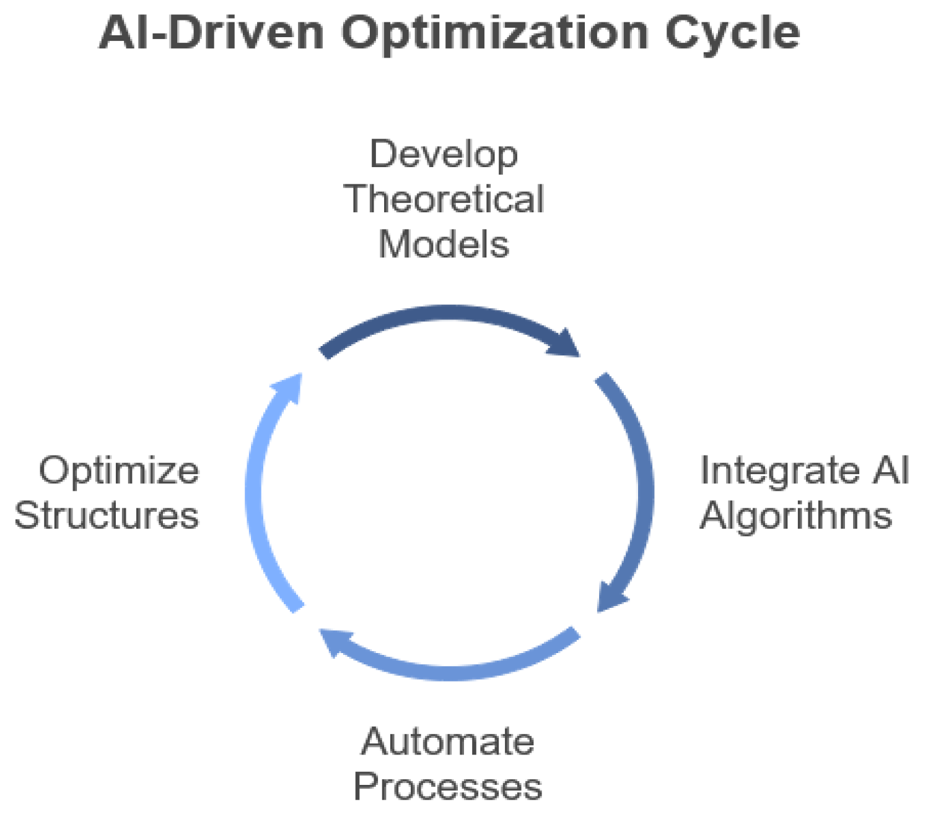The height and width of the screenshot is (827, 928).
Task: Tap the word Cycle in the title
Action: [732, 33]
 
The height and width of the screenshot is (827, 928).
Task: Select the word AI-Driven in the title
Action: [212, 33]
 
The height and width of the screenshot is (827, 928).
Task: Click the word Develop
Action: [444, 155]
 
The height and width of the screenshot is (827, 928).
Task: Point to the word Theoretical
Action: [444, 199]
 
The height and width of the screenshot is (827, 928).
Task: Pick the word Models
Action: [444, 244]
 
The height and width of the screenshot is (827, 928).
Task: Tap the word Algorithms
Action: [795, 515]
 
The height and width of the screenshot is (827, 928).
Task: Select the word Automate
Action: [447, 741]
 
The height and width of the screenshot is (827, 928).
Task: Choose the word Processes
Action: [447, 786]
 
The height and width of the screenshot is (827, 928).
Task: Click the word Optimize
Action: [119, 471]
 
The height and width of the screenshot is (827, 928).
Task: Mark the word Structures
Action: [107, 515]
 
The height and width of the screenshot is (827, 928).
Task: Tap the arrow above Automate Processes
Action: [452, 671]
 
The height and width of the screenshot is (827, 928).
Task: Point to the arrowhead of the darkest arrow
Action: [565, 344]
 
